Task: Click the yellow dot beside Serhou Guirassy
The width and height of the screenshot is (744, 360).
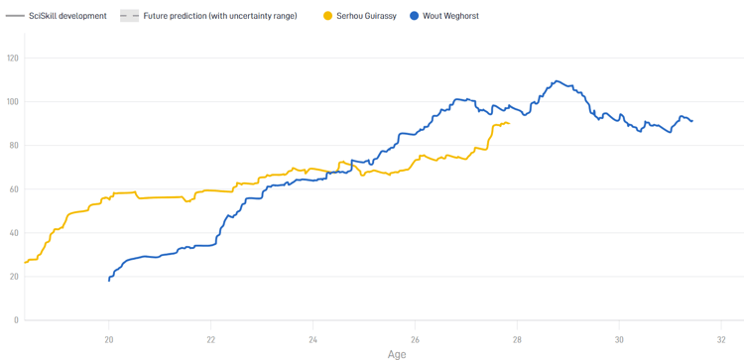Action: pyautogui.click(x=328, y=16)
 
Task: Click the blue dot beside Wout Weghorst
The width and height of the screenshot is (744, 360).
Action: pyautogui.click(x=414, y=16)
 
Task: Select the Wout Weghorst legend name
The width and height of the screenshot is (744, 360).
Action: pyautogui.click(x=450, y=16)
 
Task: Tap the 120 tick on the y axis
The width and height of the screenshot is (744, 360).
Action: pyautogui.click(x=13, y=59)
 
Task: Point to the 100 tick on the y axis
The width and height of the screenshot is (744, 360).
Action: pyautogui.click(x=13, y=102)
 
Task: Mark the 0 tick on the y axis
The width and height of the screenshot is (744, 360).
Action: pyautogui.click(x=17, y=320)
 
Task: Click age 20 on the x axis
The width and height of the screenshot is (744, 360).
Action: pyautogui.click(x=109, y=337)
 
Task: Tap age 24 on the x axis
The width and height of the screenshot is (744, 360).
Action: pyautogui.click(x=313, y=337)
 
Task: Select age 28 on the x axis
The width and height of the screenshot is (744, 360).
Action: pyautogui.click(x=517, y=337)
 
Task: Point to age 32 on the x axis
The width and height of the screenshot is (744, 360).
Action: pyautogui.click(x=721, y=337)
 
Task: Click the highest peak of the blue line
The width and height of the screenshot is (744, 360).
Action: pyautogui.click(x=558, y=81)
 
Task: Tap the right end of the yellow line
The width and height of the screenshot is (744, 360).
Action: pyautogui.click(x=509, y=124)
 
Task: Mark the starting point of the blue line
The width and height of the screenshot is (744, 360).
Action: pyautogui.click(x=109, y=281)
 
